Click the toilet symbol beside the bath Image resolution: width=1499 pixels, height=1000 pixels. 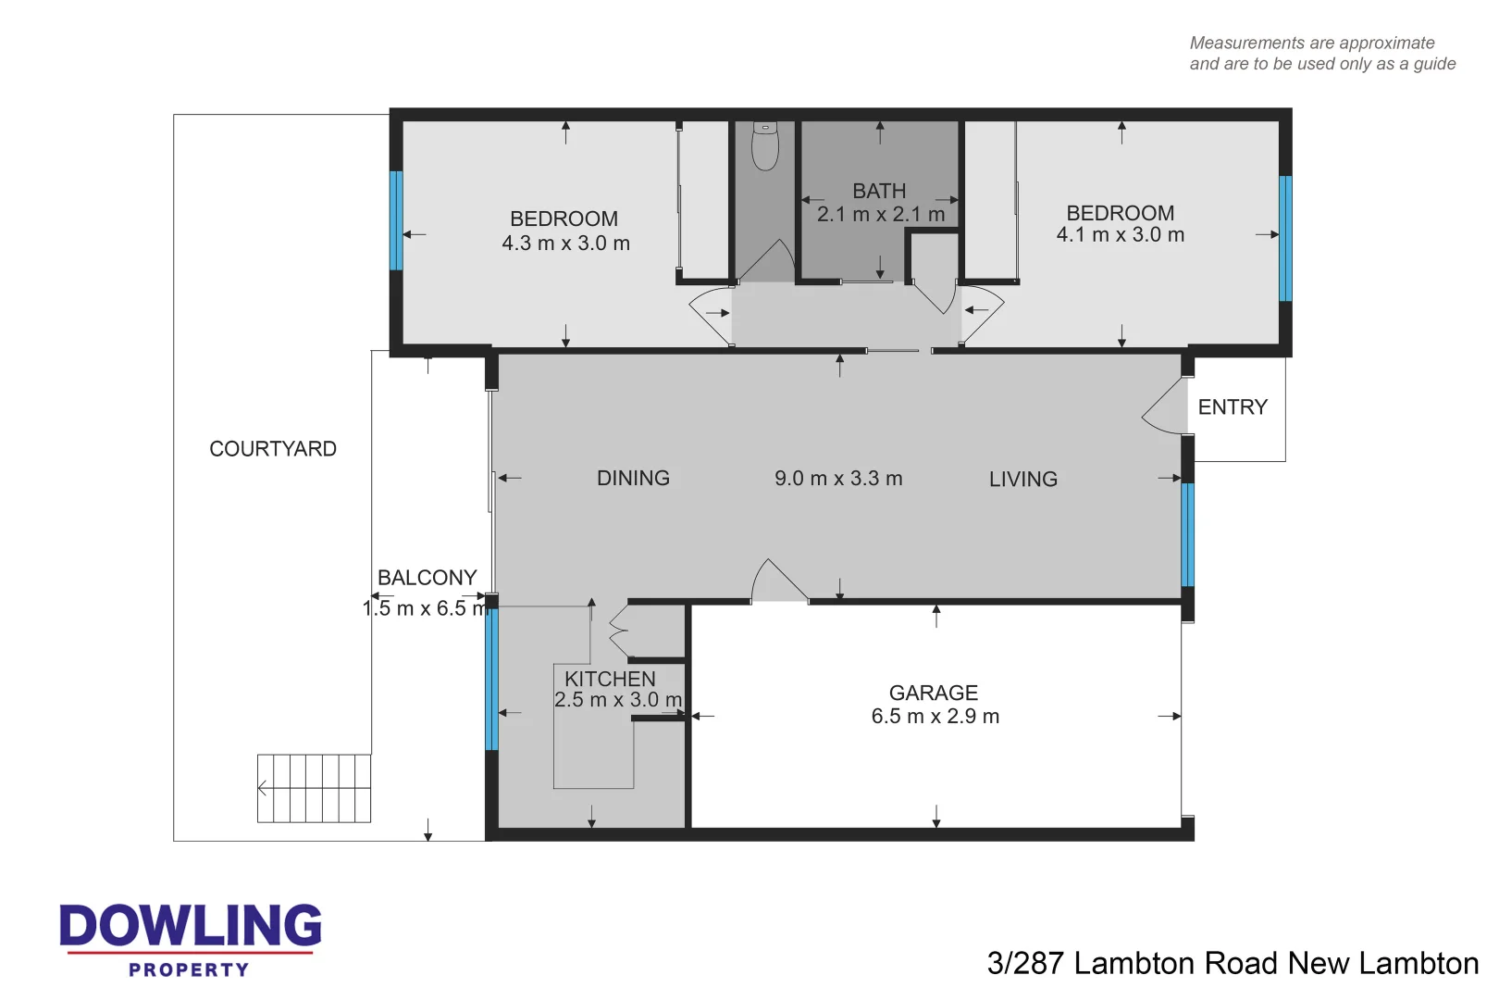click(x=764, y=145)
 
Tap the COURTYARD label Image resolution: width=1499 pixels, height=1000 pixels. click(x=273, y=449)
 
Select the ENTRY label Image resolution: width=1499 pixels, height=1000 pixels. click(x=1232, y=407)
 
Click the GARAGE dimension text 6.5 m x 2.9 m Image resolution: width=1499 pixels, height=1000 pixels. click(x=935, y=717)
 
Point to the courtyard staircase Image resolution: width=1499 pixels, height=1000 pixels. click(x=314, y=788)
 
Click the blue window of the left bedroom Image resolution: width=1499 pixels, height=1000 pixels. click(x=396, y=220)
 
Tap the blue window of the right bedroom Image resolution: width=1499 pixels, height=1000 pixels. click(x=1284, y=238)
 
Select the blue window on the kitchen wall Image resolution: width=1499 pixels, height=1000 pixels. click(x=491, y=679)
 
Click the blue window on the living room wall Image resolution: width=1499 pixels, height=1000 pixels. click(x=1187, y=534)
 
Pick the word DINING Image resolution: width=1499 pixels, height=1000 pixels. click(x=633, y=479)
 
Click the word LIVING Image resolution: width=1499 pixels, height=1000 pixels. click(x=1022, y=480)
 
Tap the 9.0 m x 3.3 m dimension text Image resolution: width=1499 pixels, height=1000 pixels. click(x=838, y=479)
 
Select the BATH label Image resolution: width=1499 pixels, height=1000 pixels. click(x=879, y=192)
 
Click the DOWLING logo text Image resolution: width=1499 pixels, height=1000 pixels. click(x=191, y=926)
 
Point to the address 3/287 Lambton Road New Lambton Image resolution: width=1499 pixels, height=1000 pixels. click(x=1232, y=964)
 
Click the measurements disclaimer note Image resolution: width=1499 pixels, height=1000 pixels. click(x=1321, y=54)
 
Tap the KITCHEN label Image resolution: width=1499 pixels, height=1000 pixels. click(x=610, y=679)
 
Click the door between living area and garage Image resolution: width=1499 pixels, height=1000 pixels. click(x=777, y=583)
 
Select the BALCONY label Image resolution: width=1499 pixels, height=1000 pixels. click(x=427, y=578)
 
